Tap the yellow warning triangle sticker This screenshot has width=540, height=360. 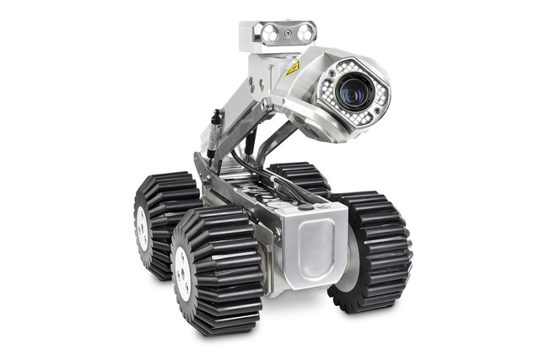pos(293,68)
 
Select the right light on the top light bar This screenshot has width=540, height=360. pos(305,32)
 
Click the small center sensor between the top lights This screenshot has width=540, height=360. pos(288,32)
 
